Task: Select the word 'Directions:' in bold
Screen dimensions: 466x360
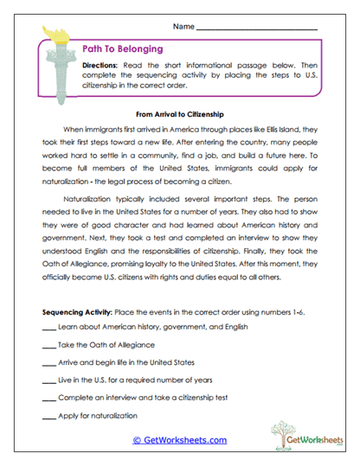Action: [103, 66]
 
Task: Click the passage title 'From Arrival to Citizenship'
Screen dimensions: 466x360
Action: [180, 113]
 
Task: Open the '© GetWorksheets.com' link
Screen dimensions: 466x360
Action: [179, 440]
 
